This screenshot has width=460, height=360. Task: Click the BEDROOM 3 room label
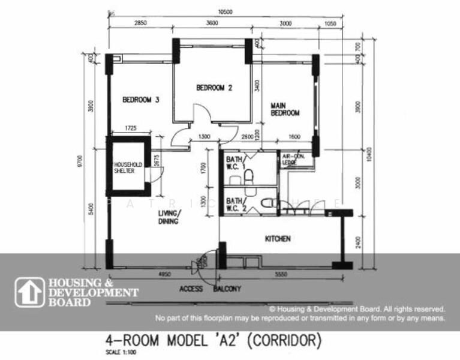(140, 100)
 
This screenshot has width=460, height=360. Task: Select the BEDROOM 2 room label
(214, 88)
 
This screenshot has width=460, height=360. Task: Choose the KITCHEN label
(278, 239)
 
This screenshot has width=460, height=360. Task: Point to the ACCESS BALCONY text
(210, 289)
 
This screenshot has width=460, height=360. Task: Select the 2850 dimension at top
(140, 22)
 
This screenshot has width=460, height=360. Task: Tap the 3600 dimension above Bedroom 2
(211, 22)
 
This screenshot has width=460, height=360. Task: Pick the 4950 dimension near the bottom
(163, 274)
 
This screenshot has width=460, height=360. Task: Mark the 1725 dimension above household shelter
(125, 128)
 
